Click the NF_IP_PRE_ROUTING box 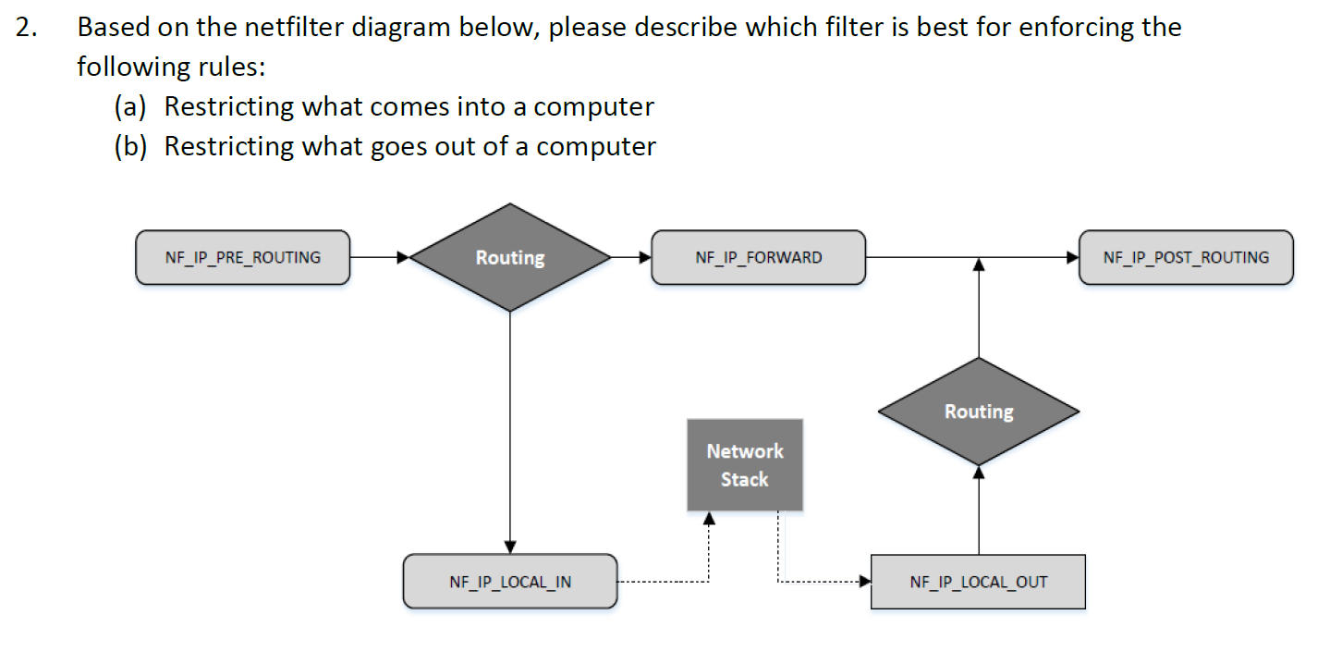pos(242,257)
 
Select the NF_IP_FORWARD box pos(758,257)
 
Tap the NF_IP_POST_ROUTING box pos(1186,257)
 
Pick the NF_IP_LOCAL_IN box pos(509,582)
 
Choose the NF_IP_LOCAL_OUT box pos(978,582)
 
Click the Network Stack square pos(745,465)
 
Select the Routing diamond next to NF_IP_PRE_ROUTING pos(510,257)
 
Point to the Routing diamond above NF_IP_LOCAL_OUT pos(979,412)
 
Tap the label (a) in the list pos(130,107)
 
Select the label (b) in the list pos(130,147)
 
